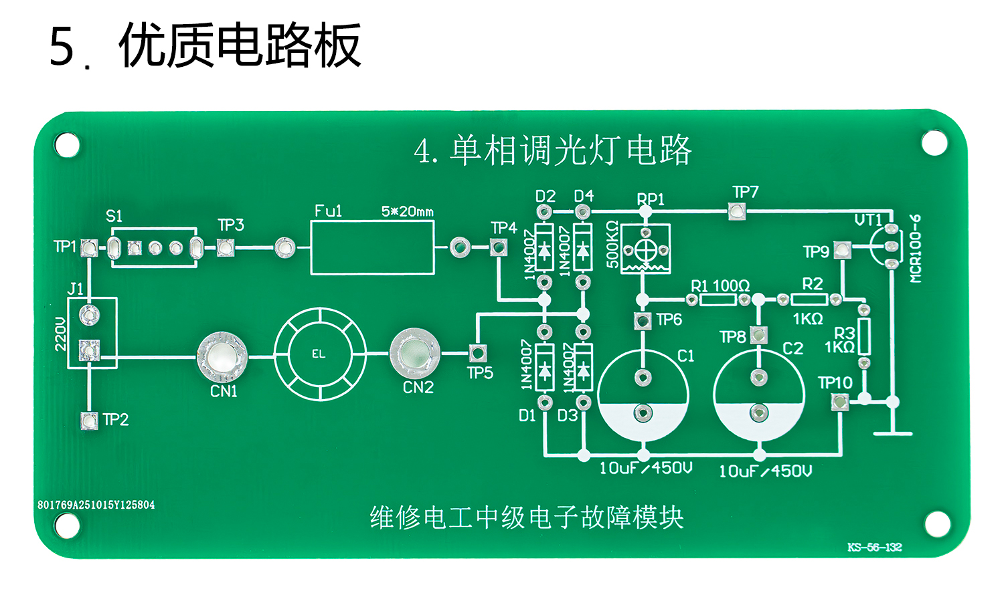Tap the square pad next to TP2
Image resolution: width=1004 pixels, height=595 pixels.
click(89, 420)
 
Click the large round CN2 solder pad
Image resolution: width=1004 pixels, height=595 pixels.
click(414, 353)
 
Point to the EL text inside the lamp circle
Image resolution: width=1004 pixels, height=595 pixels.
click(319, 354)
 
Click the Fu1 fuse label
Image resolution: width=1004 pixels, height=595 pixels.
click(328, 211)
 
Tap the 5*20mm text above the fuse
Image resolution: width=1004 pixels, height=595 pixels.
click(407, 212)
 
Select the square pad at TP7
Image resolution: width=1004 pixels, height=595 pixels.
click(736, 212)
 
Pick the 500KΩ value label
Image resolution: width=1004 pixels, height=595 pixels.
click(612, 245)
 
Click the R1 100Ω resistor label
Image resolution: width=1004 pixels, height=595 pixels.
click(720, 286)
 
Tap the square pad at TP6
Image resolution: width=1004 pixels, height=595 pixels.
click(643, 321)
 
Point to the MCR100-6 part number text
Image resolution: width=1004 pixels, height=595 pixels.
click(916, 249)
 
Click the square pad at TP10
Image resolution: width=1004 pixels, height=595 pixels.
click(839, 402)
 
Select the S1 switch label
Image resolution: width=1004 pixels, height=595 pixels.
click(114, 216)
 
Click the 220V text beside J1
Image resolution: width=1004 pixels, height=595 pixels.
click(60, 334)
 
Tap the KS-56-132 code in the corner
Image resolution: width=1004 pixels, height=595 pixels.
click(874, 548)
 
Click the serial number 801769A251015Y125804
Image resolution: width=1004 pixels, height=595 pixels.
click(96, 505)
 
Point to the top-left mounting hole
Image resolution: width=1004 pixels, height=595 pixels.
click(67, 145)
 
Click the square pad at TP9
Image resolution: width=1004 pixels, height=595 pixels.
click(843, 251)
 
